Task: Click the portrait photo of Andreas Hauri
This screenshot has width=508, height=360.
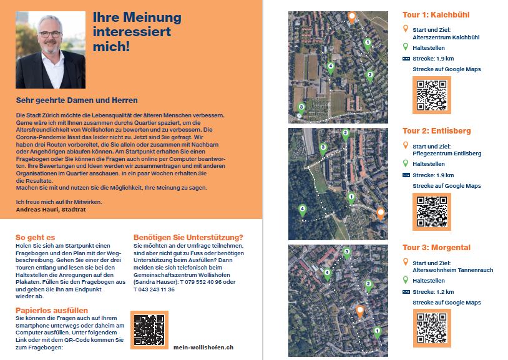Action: (x=51, y=50)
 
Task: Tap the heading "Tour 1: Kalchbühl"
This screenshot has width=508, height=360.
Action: (x=436, y=15)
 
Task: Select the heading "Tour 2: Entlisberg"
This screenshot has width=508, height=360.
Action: (x=436, y=131)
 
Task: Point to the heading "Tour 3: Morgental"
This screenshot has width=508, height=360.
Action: (x=436, y=248)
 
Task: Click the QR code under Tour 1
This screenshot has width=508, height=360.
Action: (x=431, y=95)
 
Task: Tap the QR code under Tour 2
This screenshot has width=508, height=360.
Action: (x=431, y=212)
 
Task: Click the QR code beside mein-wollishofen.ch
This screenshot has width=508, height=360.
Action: (x=149, y=329)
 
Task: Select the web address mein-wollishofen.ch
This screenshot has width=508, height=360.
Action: (x=203, y=347)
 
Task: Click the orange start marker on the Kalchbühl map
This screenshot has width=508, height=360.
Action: (x=351, y=16)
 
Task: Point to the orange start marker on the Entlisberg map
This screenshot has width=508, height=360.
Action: (x=380, y=213)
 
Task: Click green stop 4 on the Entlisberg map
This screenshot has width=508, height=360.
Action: (x=303, y=210)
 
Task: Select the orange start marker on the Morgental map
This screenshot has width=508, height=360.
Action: (x=359, y=310)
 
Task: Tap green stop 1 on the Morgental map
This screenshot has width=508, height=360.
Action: (x=376, y=331)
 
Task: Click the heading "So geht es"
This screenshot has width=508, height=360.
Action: (x=35, y=237)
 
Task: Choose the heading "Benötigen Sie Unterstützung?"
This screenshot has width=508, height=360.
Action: (x=188, y=237)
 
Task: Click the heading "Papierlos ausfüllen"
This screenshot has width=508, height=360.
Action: (x=52, y=310)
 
